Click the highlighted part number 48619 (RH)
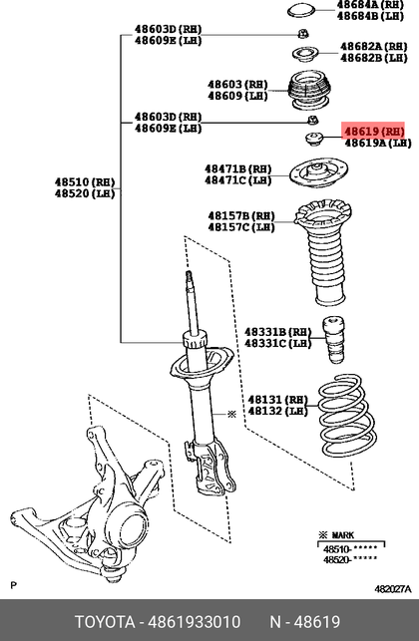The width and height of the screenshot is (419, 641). tap(374, 132)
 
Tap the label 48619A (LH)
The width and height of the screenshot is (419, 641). tap(378, 143)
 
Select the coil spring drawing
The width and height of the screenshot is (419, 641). tap(347, 416)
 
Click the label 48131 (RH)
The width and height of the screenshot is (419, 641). tap(277, 400)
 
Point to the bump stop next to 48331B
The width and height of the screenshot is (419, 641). tap(334, 340)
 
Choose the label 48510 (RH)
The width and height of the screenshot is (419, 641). tap(85, 181)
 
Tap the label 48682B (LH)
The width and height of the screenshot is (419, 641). tap(373, 58)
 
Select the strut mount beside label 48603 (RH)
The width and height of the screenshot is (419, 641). tap(309, 91)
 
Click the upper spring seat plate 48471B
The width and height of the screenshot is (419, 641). tap(319, 173)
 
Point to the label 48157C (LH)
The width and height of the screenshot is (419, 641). tap(241, 227)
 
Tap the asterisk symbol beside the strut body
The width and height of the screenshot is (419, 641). tap(232, 415)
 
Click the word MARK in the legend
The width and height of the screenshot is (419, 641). tap(343, 535)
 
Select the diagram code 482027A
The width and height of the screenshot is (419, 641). tap(393, 589)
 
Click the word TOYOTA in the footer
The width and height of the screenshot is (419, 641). tap(105, 622)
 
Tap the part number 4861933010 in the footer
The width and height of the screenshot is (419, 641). tap(194, 622)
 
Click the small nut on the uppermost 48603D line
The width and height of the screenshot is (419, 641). tap(303, 34)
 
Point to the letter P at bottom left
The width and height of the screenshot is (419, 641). tap(14, 585)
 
